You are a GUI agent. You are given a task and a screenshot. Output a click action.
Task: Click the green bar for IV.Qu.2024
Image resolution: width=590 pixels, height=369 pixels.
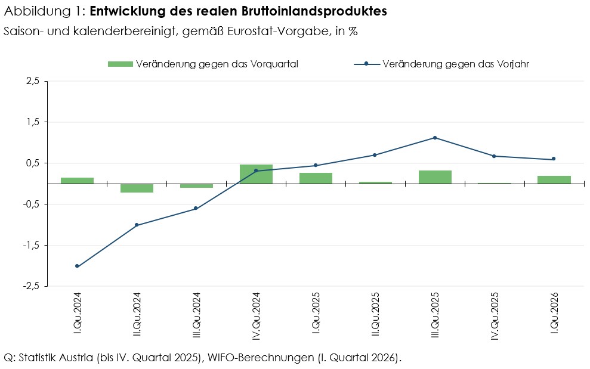click(x=256, y=174)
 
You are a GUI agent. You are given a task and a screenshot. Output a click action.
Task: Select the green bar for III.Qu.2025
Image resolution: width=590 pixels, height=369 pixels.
click(x=435, y=177)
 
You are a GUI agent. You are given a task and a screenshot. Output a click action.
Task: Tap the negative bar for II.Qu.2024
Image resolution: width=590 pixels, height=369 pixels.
click(x=137, y=188)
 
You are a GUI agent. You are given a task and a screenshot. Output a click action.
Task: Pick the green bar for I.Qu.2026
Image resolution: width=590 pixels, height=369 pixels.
click(x=554, y=179)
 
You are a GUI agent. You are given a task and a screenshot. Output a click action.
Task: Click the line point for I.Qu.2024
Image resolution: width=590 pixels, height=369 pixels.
click(x=77, y=266)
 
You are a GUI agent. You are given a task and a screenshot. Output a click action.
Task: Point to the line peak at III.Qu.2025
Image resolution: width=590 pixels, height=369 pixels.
click(x=435, y=138)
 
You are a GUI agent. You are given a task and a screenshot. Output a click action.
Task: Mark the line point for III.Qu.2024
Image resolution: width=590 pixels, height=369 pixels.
click(x=196, y=208)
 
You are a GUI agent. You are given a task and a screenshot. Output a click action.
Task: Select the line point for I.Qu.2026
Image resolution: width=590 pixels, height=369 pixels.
click(x=554, y=159)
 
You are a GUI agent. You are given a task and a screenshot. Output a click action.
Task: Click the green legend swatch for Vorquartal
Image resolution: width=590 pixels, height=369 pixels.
click(x=120, y=64)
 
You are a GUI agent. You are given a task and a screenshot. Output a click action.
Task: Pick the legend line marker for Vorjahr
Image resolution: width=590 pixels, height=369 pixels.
click(x=366, y=64)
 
